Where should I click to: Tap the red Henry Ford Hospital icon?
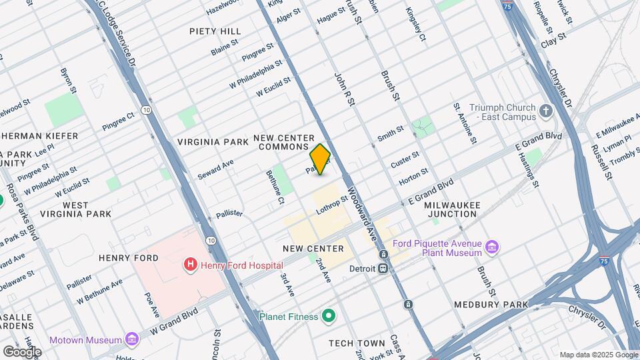tap(191, 265)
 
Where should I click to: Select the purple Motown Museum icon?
tap(132, 339)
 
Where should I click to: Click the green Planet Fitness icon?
tap(328, 316)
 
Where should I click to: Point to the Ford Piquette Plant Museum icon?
tap(493, 248)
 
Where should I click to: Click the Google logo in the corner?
tap(22, 351)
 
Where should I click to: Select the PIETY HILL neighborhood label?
tap(215, 31)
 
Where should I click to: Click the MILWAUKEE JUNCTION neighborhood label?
tap(452, 209)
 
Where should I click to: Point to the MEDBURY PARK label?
tap(491, 305)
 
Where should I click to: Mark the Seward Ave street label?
tap(215, 169)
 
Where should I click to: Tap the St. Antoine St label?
tap(465, 123)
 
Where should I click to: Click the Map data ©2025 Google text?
tap(599, 355)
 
